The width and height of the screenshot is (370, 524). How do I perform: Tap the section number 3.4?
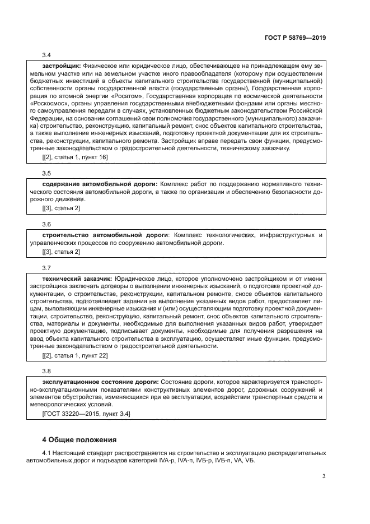coord(46,55)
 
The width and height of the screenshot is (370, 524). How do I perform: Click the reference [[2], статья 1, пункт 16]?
coord(75,157)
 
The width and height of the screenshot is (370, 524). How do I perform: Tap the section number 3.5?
coord(46,173)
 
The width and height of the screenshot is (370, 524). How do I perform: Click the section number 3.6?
coord(46,224)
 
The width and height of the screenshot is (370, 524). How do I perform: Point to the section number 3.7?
coord(46,267)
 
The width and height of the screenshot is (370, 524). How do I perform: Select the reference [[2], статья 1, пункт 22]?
coord(75,355)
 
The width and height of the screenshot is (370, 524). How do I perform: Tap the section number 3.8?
coord(46,371)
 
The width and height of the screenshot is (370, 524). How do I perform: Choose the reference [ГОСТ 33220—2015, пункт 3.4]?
coord(87,414)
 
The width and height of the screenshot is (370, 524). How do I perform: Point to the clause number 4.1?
coord(48,452)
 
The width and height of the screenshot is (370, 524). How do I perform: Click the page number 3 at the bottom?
coord(324,476)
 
